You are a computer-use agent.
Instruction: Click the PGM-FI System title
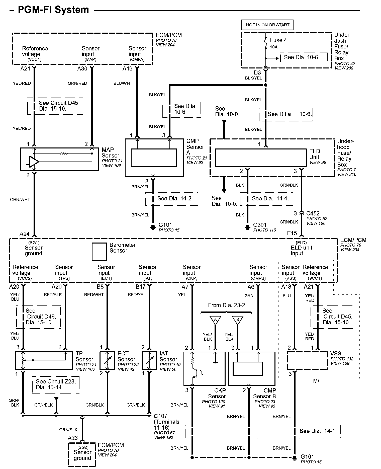53,10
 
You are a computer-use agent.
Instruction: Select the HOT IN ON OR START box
267,25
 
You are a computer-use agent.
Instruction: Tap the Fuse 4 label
278,40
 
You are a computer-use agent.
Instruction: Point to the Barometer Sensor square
99,252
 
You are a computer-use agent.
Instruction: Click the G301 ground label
260,225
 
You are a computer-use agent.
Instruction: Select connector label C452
313,213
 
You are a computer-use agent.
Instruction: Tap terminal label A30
82,68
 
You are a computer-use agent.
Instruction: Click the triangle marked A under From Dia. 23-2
215,320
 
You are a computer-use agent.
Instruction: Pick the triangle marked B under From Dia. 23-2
237,320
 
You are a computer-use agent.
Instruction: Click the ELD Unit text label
314,154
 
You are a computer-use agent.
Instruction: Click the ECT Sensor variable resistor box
108,361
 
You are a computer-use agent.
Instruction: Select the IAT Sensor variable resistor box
149,361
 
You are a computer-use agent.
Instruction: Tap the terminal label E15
292,233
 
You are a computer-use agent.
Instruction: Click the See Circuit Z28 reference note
56,384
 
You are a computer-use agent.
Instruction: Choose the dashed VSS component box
307,361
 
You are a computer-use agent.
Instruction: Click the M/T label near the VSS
318,381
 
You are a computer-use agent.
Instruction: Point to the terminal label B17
141,287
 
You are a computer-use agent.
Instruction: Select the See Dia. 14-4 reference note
270,198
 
